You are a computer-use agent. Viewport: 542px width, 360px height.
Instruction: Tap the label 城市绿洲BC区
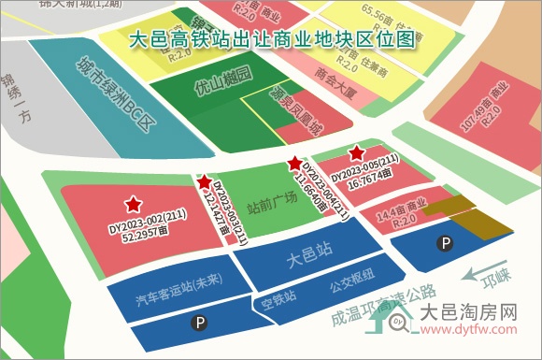coord(112,93)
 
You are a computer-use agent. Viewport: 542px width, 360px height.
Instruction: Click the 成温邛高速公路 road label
coord(383,305)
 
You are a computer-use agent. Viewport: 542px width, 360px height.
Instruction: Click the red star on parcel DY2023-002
coord(134,203)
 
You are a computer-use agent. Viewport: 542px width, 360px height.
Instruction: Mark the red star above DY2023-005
coord(356,152)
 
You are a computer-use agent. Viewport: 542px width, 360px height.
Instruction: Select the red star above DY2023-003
coord(204,180)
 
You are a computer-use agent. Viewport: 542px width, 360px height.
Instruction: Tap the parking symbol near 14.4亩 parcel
coord(446,244)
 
